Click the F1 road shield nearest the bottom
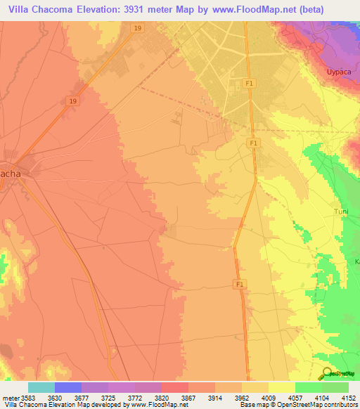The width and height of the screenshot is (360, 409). [240, 284]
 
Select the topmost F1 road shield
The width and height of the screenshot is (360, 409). [247, 82]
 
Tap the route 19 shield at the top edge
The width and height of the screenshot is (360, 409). [136, 28]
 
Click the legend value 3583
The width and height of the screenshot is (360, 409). [27, 397]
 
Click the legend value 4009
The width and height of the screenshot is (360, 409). [268, 397]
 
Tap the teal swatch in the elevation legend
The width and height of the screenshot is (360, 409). [41, 387]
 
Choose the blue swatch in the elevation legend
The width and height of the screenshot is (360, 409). [67, 387]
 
